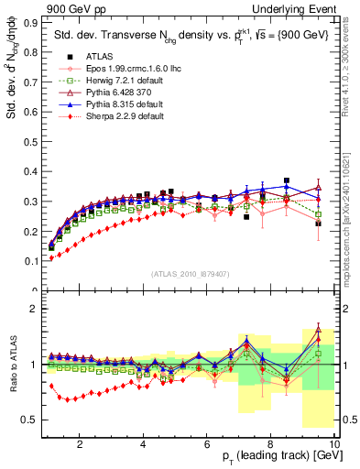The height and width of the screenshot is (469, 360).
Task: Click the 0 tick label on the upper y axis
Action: (36, 291)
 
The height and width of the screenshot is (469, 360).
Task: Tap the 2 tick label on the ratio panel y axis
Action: (36, 309)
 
